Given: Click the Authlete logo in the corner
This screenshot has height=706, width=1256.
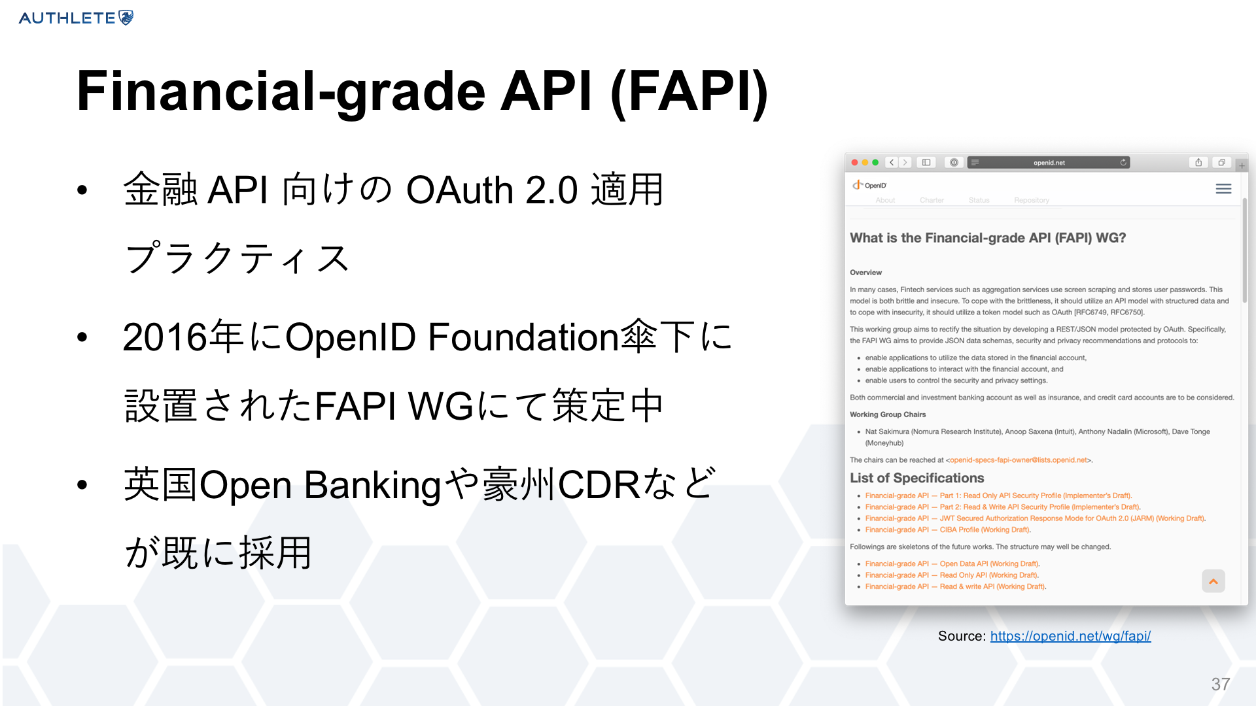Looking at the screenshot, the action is (76, 18).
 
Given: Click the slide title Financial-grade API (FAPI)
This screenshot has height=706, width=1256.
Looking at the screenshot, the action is (423, 92).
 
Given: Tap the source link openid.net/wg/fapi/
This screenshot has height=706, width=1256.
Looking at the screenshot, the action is (1070, 636).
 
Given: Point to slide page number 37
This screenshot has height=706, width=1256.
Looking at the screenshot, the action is (1221, 684).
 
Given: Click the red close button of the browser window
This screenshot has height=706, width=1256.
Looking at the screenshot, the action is (854, 163).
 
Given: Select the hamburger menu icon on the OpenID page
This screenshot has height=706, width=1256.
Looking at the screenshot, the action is (1223, 189).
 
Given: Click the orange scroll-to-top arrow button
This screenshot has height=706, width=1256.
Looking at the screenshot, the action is (1213, 581).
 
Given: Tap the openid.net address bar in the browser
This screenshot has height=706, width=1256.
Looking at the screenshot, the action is (1049, 163).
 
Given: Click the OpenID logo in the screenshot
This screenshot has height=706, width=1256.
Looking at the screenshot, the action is (869, 186).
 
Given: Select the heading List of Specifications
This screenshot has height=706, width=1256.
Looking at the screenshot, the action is (917, 478).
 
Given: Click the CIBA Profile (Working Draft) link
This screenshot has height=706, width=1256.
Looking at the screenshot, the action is (948, 530).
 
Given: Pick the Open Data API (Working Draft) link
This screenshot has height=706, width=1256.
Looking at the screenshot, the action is (952, 564).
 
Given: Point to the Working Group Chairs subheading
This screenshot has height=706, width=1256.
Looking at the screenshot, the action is (888, 414).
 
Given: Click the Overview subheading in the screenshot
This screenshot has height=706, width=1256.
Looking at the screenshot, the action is (865, 273).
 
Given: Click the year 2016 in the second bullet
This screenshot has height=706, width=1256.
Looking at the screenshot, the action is (165, 337).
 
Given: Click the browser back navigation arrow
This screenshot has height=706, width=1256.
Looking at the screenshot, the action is (892, 163).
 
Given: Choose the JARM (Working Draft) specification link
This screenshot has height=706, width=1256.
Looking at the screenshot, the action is (1035, 519).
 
